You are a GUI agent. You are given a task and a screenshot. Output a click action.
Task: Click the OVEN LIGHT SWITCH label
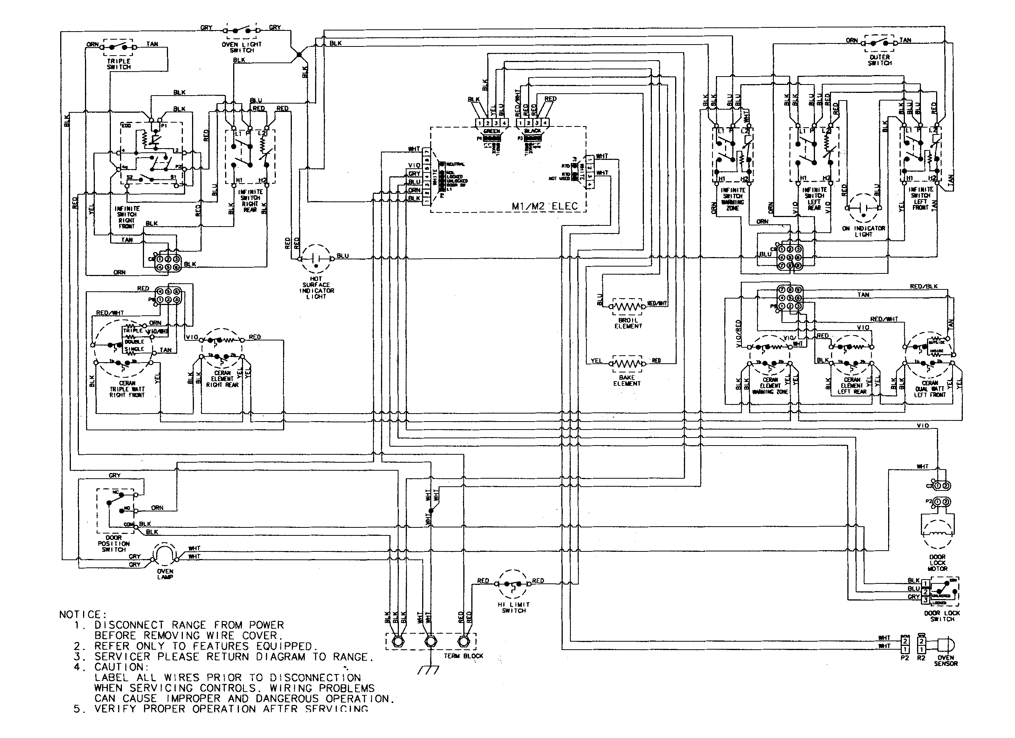click(242, 47)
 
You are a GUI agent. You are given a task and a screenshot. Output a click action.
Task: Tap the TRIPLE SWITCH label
click(118, 64)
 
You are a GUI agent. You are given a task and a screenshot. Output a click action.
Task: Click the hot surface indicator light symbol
click(316, 259)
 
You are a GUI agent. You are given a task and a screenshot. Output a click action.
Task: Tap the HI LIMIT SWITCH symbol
click(513, 584)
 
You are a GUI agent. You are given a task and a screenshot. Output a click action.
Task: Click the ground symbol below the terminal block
click(428, 669)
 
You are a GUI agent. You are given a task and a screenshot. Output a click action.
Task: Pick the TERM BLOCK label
click(463, 656)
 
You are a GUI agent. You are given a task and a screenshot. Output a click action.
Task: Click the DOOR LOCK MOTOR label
click(937, 563)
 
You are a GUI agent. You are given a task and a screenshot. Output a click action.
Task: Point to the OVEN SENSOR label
click(946, 661)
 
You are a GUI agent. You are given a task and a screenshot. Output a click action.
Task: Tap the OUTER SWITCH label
click(879, 60)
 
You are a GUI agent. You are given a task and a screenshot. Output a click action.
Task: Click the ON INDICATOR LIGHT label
click(863, 231)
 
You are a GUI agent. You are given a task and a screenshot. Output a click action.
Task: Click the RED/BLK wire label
click(923, 286)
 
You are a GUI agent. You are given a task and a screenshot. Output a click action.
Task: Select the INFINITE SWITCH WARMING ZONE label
click(733, 199)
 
